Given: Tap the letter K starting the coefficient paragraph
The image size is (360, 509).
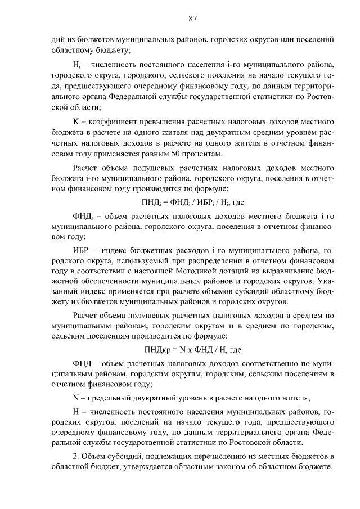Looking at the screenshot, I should [x=76, y=121].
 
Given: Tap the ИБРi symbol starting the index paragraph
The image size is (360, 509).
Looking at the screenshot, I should [x=83, y=249].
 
